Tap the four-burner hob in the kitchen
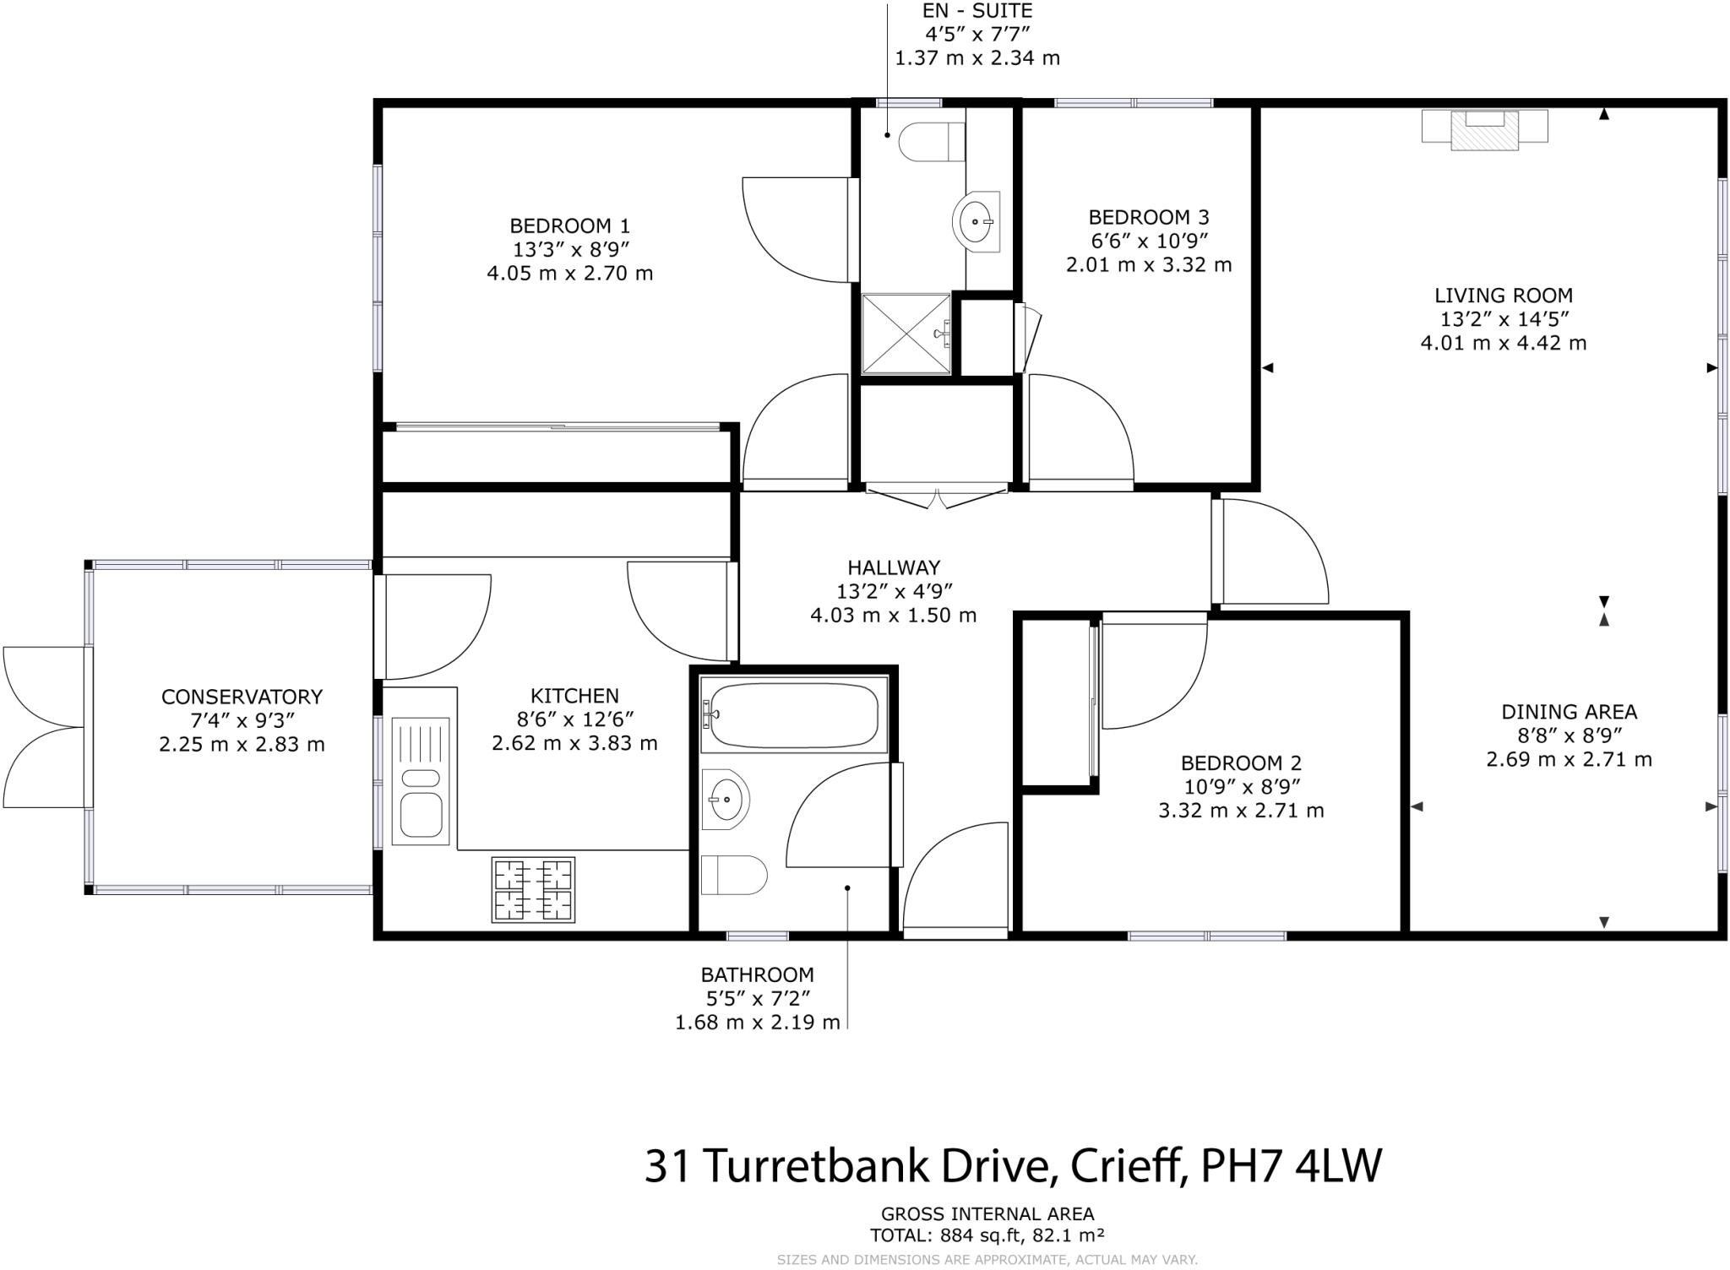coord(533,889)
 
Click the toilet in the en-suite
coord(931,141)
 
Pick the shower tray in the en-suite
coord(906,334)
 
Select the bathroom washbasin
coord(725,798)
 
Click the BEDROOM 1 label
coord(569,226)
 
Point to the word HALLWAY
coord(894,568)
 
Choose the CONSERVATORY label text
coord(242,697)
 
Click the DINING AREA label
coord(1569,712)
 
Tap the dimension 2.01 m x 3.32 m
coord(1148,265)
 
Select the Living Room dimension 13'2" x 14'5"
coord(1504,319)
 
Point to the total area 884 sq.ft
coord(980,1235)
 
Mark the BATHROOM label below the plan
coord(757,975)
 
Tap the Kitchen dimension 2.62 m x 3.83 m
coord(574,743)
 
